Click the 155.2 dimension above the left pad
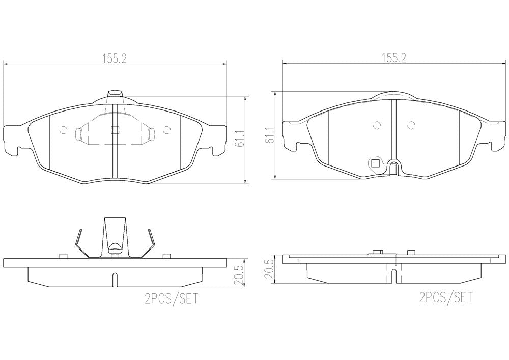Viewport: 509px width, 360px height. (x=114, y=59)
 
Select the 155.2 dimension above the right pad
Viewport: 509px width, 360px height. (x=394, y=58)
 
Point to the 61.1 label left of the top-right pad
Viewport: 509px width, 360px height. (x=269, y=135)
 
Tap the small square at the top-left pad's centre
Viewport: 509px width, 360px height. (x=115, y=129)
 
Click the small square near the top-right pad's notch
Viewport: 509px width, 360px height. (x=376, y=163)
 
